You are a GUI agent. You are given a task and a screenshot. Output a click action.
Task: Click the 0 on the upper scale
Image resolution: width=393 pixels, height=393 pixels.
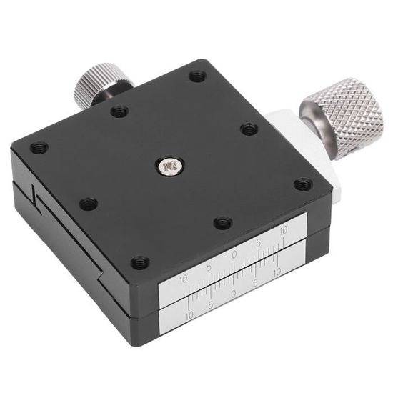[x=234, y=255]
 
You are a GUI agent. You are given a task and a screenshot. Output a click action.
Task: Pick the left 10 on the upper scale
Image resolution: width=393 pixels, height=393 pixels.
[x=184, y=280]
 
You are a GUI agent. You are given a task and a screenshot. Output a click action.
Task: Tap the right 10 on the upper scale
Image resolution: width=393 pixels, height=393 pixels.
[x=283, y=231]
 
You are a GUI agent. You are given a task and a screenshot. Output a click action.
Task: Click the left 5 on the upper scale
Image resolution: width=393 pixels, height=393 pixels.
[x=209, y=268]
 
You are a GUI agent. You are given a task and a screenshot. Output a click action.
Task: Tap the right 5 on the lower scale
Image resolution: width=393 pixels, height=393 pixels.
[x=257, y=283]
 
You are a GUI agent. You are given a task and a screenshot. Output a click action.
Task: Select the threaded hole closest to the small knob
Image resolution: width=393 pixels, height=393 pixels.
[x=119, y=111]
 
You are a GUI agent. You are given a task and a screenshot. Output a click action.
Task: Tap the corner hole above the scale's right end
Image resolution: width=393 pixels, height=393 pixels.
[x=303, y=184]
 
